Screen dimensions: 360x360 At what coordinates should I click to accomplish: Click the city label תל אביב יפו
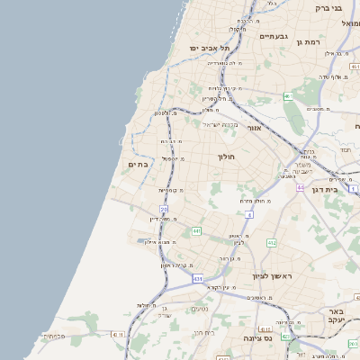click(210, 48)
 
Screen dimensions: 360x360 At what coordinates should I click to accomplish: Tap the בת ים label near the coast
click(138, 165)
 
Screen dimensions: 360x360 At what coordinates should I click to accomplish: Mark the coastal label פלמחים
click(53, 337)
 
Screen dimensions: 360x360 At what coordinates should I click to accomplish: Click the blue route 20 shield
click(165, 209)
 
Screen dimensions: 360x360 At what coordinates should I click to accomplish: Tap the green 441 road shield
click(195, 231)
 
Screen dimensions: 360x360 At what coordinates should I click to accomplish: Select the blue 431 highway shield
click(197, 280)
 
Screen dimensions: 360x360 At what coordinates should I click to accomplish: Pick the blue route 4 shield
click(248, 214)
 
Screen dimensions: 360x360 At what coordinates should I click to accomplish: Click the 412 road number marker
click(272, 243)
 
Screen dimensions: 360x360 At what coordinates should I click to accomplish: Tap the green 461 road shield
click(288, 96)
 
